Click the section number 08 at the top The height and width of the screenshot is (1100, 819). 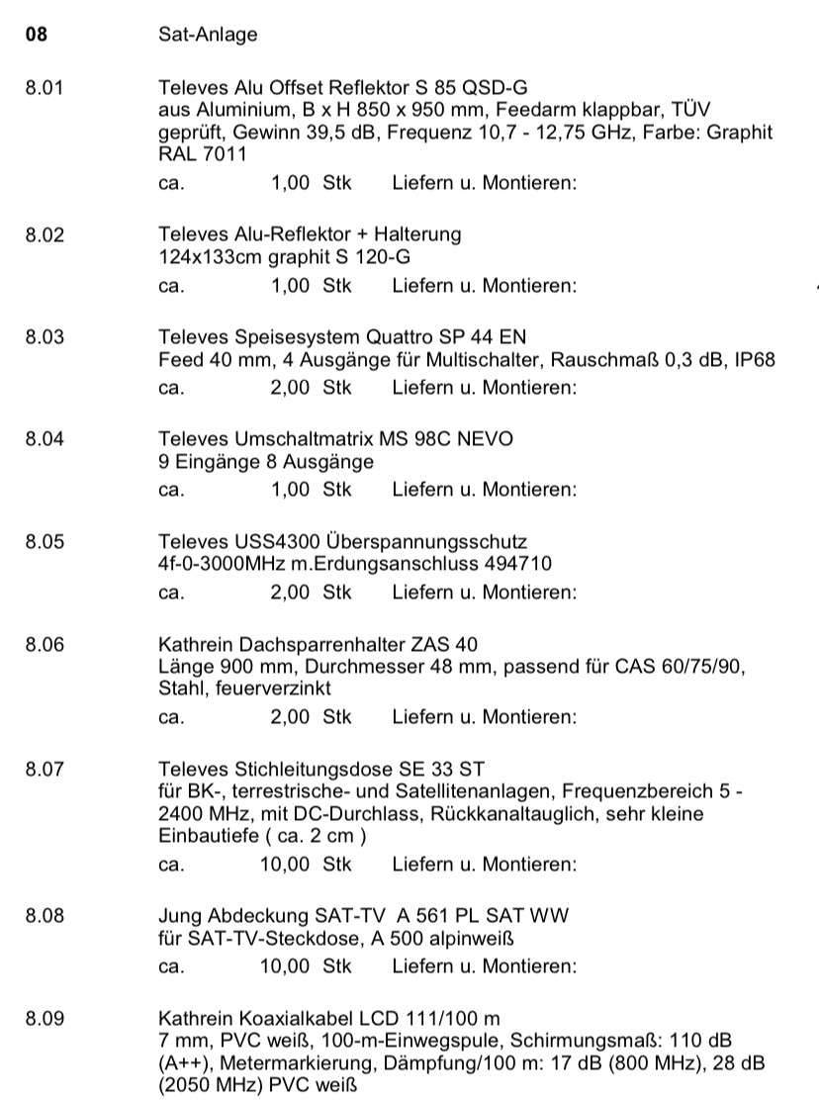[36, 36]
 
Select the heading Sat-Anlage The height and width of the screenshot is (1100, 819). [208, 36]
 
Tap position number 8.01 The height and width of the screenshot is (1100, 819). [45, 87]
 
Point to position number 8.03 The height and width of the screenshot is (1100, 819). [45, 336]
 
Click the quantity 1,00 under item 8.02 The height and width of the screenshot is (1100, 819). [291, 286]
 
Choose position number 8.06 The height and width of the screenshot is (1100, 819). [45, 643]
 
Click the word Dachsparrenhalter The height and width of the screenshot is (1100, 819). [305, 643]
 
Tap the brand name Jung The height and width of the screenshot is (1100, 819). [177, 916]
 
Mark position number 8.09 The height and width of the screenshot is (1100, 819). [45, 1017]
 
